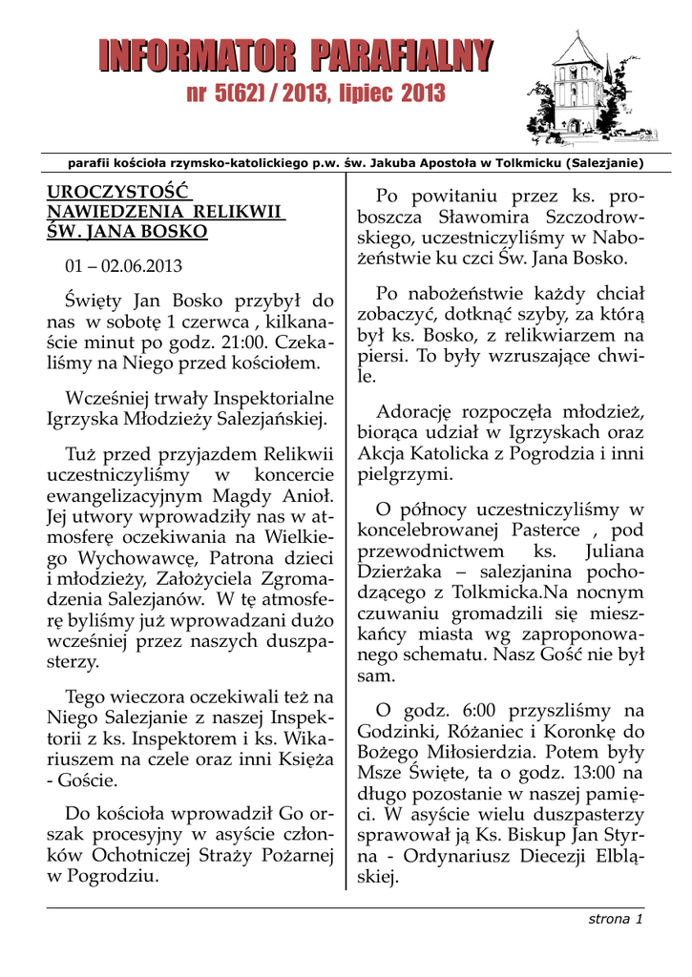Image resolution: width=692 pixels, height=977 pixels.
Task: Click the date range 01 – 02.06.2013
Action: coord(123,265)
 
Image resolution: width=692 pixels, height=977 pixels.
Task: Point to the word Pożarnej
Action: coord(291,856)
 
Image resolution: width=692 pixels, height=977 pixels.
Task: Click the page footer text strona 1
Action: coord(615,919)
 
